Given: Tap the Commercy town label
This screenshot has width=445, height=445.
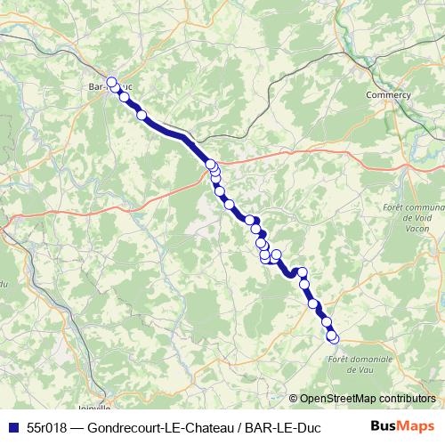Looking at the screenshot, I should [393, 94].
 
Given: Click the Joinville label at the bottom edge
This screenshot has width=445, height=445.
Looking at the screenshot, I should [93, 408].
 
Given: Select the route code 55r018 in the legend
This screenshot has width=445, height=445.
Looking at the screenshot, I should [44, 426].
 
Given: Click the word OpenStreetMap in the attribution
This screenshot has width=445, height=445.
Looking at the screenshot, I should [339, 399].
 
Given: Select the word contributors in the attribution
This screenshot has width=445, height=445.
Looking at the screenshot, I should [408, 399].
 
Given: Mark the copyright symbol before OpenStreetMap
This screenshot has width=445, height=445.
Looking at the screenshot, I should [294, 399].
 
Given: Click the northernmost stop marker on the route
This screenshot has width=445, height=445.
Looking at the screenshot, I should [112, 83].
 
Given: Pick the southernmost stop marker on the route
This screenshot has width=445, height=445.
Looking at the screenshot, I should [333, 337].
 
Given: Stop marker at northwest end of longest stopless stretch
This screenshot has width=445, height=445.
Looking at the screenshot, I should [141, 114].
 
